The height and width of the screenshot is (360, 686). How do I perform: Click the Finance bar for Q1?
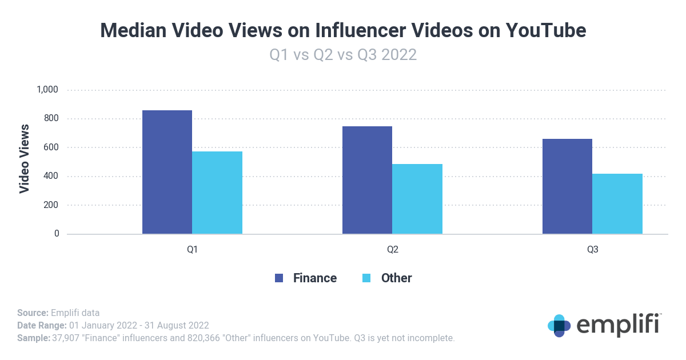[x=167, y=171]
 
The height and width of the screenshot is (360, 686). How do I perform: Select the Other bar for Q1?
[x=217, y=193]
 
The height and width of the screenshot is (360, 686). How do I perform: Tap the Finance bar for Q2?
[x=367, y=179]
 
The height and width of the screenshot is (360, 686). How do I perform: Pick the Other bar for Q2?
[x=417, y=199]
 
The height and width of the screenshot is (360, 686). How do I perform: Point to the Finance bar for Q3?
[x=567, y=186]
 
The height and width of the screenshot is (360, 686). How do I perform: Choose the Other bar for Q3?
[x=617, y=203]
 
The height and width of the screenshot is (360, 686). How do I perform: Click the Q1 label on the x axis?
[x=192, y=250]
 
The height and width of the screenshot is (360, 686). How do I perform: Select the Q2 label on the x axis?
[x=392, y=250]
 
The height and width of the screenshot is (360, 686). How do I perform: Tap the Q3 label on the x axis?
[x=592, y=250]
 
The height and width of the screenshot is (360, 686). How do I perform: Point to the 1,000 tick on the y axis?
[x=47, y=90]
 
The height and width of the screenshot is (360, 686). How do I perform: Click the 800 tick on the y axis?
[x=51, y=119]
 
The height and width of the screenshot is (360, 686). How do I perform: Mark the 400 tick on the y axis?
[x=51, y=176]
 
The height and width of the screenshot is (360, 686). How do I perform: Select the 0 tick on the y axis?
[x=57, y=234]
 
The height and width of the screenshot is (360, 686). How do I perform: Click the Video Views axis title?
[x=25, y=158]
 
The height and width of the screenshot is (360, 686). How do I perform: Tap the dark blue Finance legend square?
[x=279, y=278]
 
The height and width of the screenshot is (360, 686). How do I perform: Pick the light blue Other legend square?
[x=367, y=278]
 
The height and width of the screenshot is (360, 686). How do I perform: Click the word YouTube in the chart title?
[x=546, y=30]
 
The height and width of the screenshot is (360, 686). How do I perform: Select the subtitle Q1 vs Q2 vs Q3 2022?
[x=343, y=55]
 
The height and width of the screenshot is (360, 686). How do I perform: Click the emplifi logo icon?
[x=559, y=325]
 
